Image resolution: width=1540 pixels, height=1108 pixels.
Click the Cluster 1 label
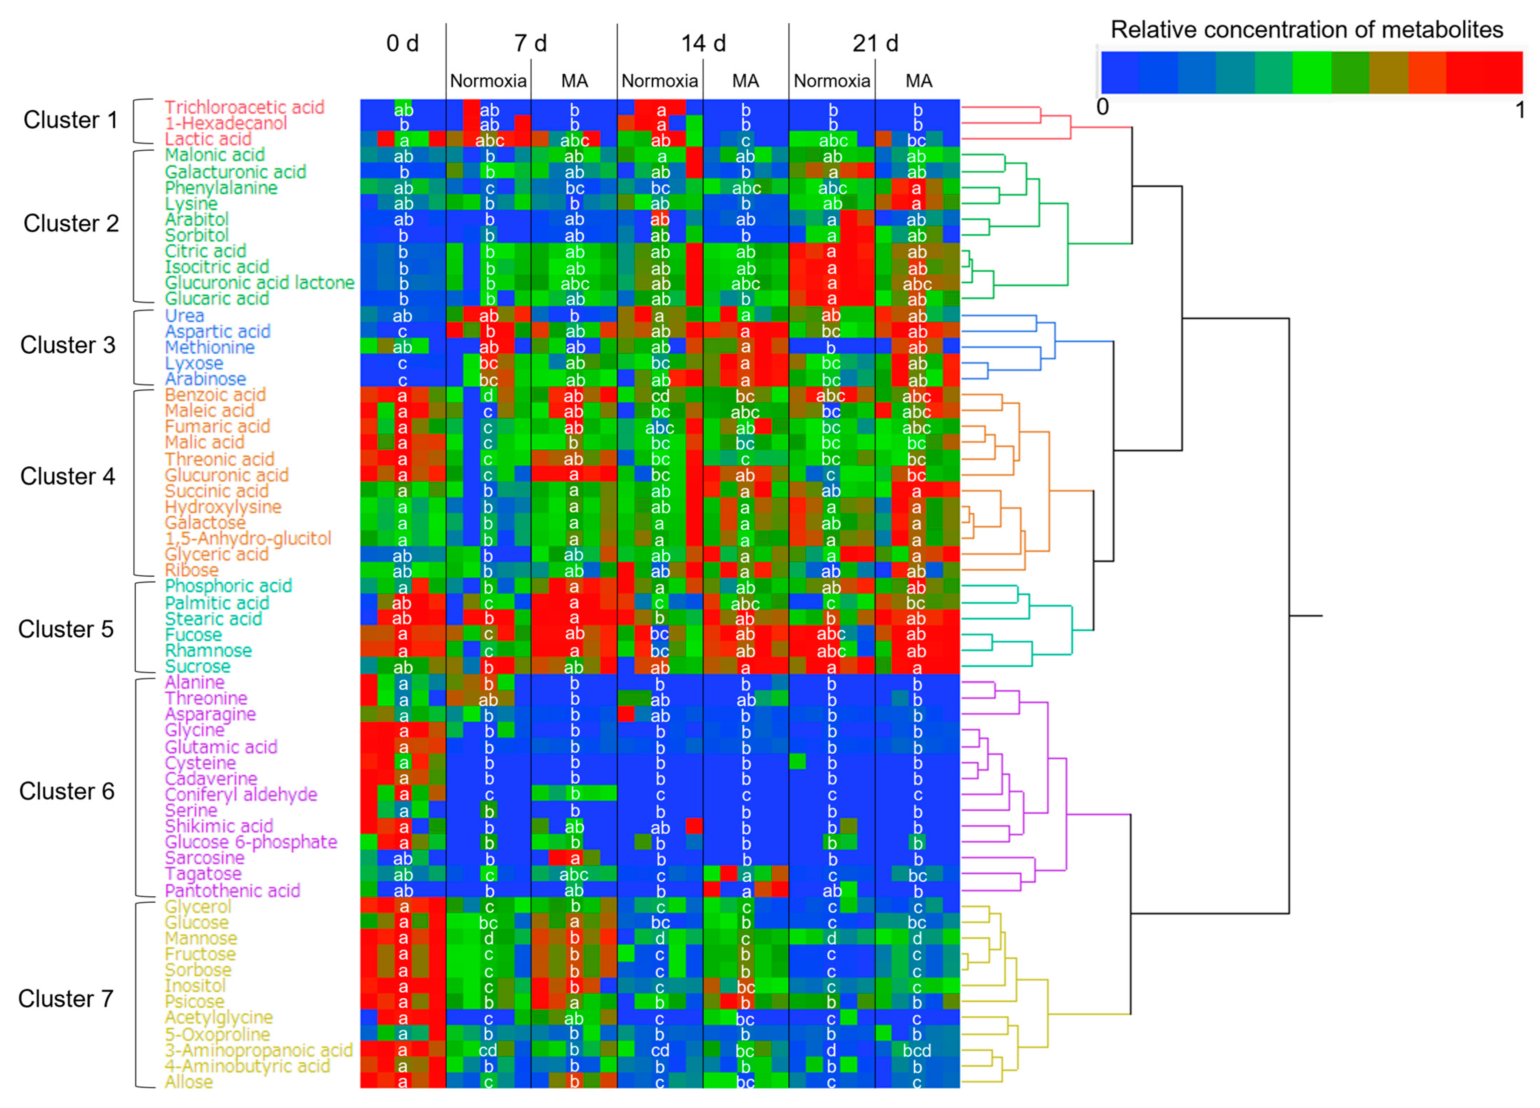71,120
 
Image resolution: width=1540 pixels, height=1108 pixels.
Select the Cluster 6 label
66,791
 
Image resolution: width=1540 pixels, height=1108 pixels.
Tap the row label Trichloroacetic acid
245,107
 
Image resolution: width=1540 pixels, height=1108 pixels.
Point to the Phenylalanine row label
221,188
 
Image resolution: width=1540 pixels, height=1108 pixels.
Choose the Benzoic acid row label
215,395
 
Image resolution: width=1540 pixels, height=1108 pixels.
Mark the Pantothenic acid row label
232,891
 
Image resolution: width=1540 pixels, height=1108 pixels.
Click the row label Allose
189,1082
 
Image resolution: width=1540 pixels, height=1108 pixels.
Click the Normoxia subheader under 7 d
488,81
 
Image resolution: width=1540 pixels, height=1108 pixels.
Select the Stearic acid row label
213,619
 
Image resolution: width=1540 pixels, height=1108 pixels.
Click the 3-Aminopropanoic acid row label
259,1050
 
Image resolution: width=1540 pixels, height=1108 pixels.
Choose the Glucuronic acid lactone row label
260,283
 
